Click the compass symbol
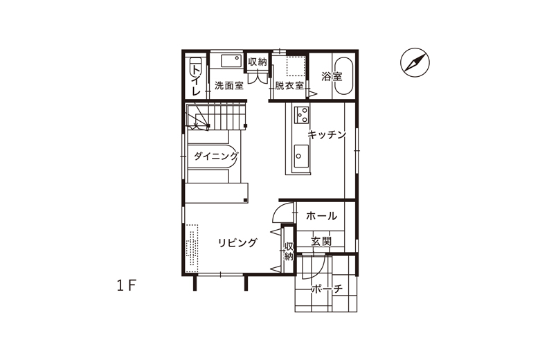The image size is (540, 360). (415, 62)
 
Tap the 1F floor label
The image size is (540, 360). (127, 286)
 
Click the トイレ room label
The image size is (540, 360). (196, 80)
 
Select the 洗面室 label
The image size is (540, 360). (229, 85)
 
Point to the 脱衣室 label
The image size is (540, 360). (289, 85)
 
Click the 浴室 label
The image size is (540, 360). (332, 76)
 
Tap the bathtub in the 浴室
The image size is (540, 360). (344, 76)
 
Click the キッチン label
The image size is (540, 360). (327, 134)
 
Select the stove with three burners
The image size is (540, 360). (301, 115)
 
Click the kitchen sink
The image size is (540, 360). (301, 156)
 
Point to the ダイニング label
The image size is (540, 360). (215, 156)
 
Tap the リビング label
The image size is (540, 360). (237, 243)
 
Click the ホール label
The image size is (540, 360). (322, 216)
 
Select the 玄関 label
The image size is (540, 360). (321, 241)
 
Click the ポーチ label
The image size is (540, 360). (327, 289)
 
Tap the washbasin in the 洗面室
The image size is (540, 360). (231, 61)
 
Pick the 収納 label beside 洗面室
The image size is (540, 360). (258, 62)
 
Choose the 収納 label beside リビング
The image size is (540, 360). (289, 251)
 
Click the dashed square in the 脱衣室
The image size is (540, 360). (296, 66)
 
